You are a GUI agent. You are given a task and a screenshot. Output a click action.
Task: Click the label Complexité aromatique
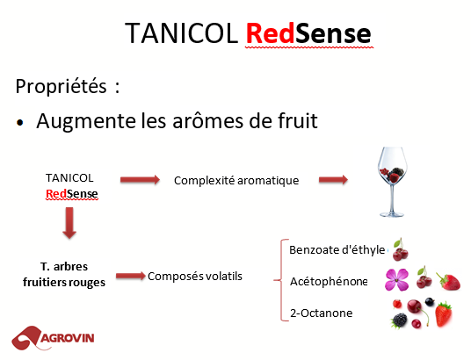236,180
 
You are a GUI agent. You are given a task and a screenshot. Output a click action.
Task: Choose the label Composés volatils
195,277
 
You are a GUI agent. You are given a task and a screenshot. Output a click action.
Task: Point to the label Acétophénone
330,282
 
